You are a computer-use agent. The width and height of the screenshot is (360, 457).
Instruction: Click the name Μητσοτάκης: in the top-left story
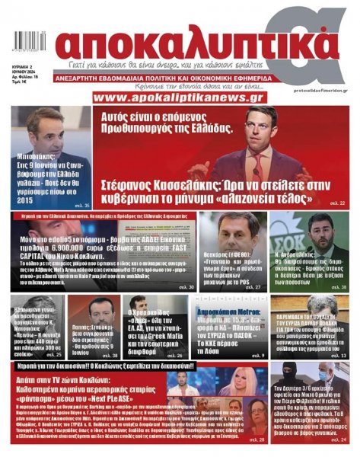[x=38, y=161]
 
